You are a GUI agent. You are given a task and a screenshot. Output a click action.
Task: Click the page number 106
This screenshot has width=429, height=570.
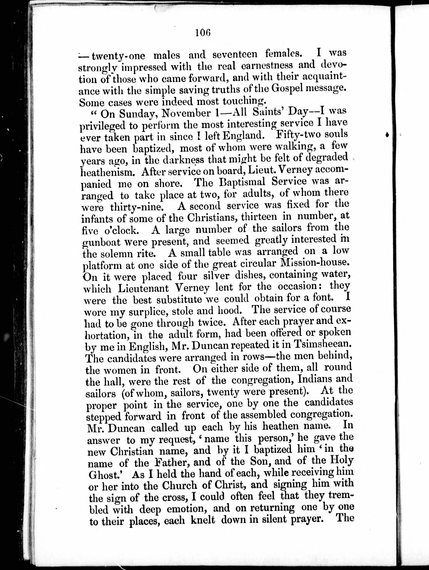coord(203,33)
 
